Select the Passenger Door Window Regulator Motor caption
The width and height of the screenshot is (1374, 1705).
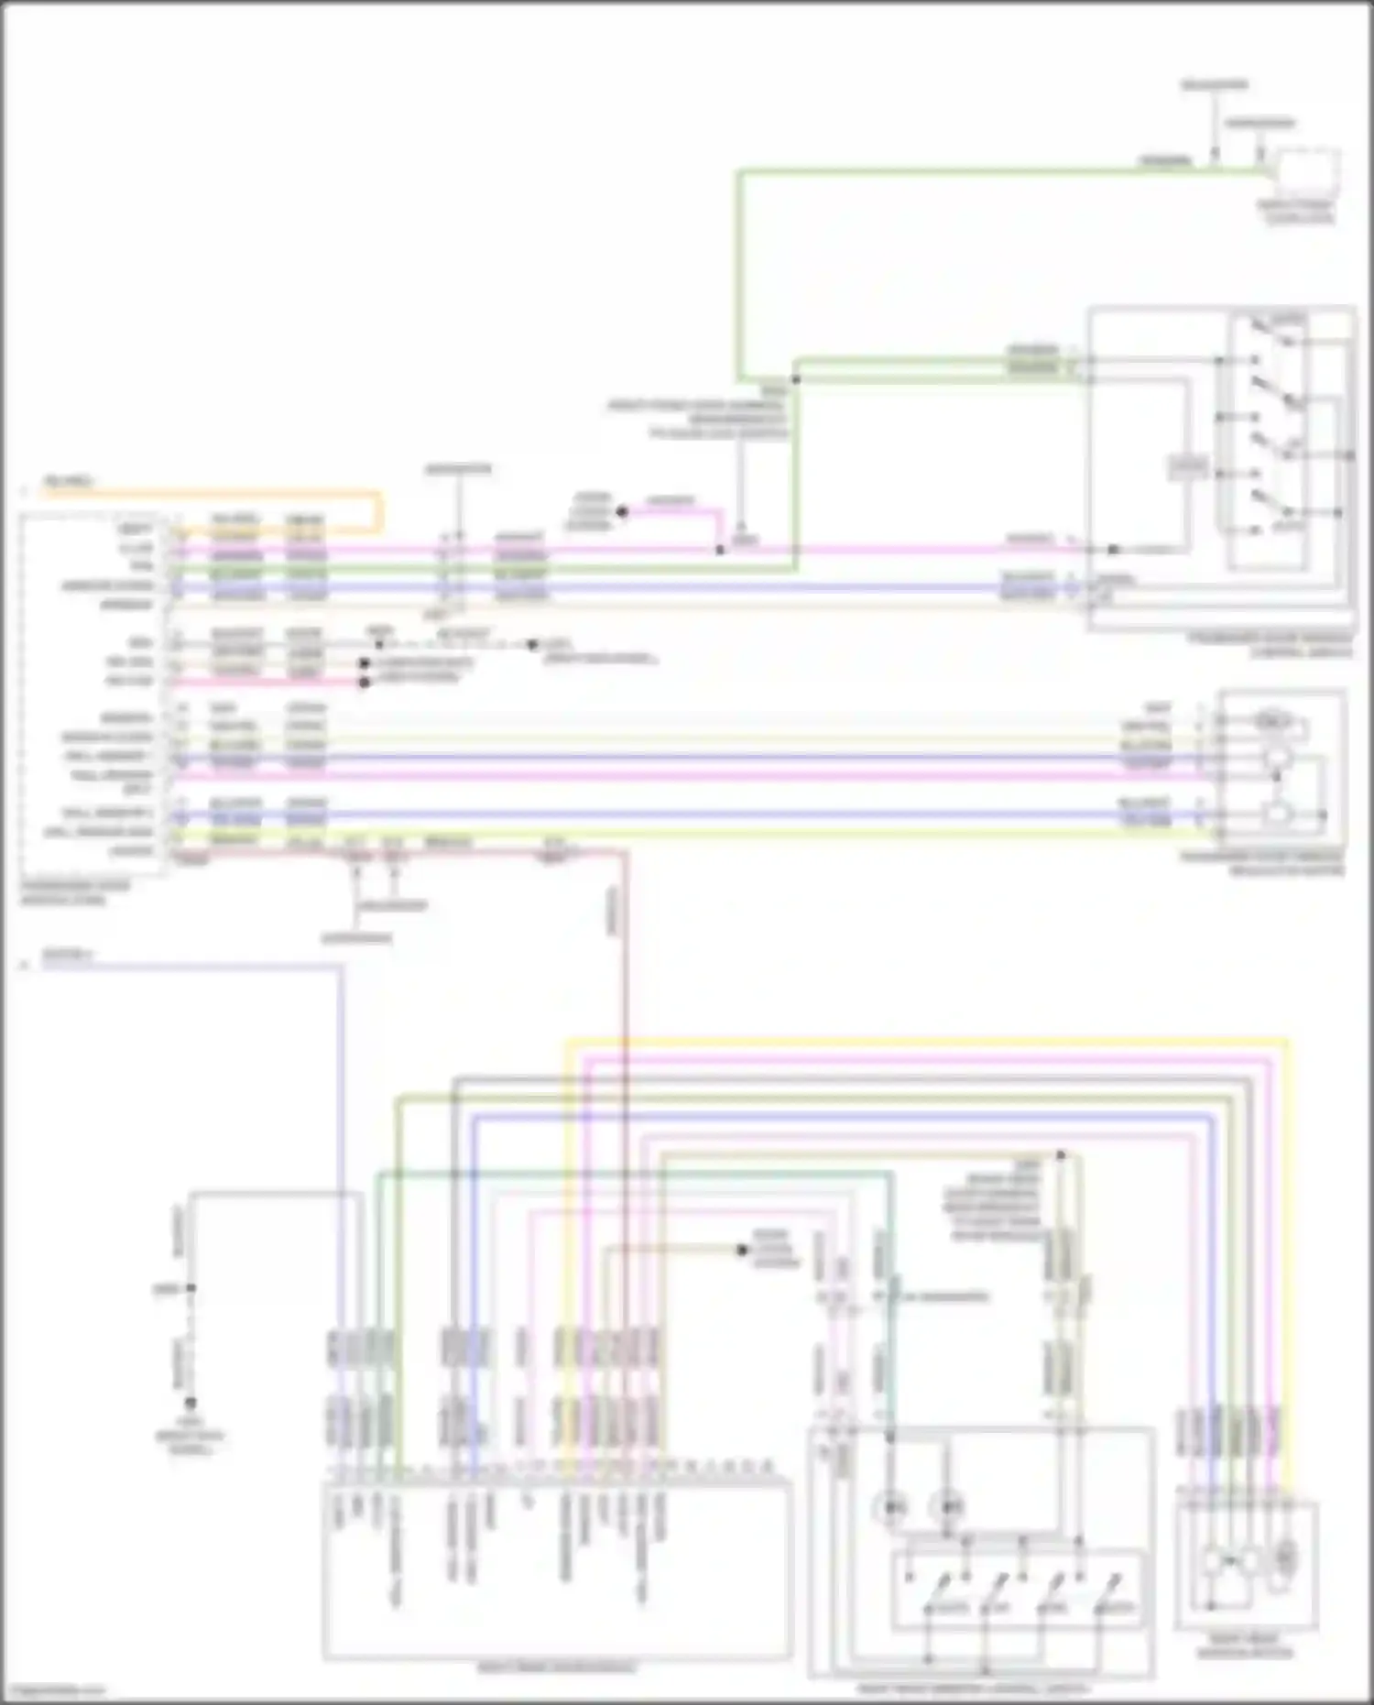pyautogui.click(x=1264, y=864)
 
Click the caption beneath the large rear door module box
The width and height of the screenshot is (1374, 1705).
pyautogui.click(x=556, y=1667)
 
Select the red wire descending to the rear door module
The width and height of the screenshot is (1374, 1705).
pyautogui.click(x=627, y=1008)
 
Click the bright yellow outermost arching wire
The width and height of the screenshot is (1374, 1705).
pyautogui.click(x=916, y=1042)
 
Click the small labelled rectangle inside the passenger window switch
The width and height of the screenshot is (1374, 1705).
pyautogui.click(x=1187, y=467)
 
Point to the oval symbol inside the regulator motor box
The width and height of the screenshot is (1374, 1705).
pyautogui.click(x=1273, y=721)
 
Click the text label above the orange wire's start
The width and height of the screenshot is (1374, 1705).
pyautogui.click(x=68, y=481)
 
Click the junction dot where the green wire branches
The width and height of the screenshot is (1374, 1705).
pyautogui.click(x=796, y=378)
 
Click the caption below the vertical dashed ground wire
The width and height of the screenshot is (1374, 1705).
pyautogui.click(x=190, y=1442)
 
